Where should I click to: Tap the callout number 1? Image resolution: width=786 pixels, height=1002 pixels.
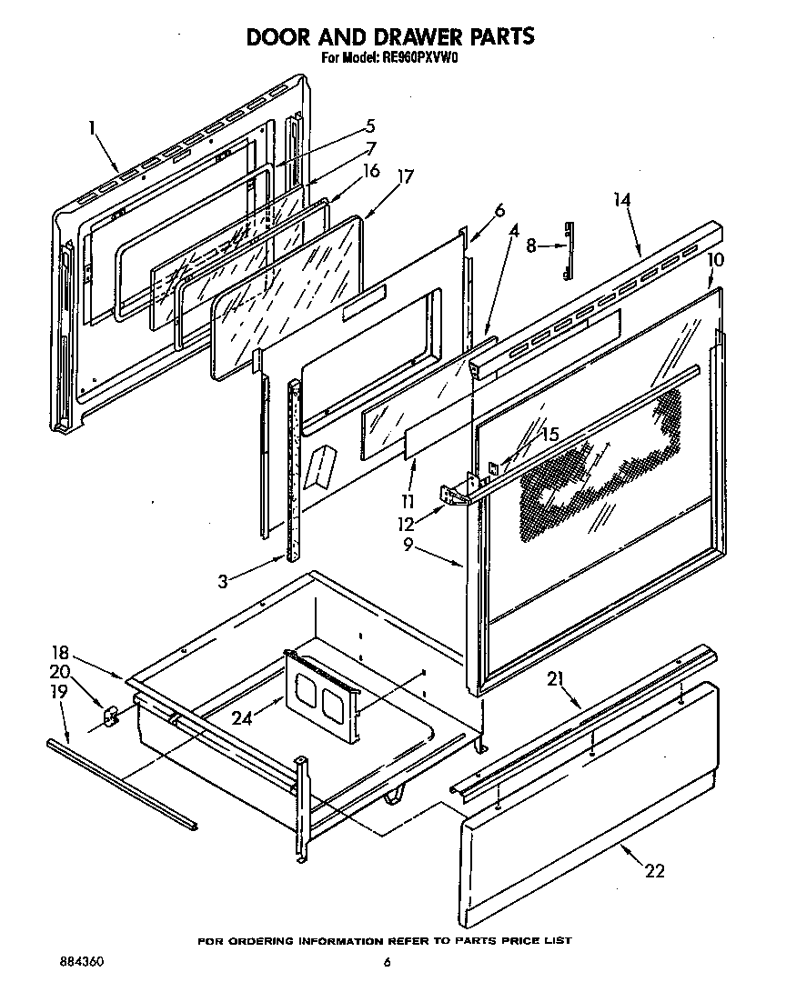(x=93, y=130)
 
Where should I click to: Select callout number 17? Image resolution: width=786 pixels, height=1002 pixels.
(x=405, y=177)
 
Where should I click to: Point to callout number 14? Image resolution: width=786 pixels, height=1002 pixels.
(x=622, y=200)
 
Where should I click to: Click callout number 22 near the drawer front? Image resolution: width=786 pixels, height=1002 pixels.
(x=654, y=871)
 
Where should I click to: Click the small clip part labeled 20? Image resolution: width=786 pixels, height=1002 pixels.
(x=111, y=717)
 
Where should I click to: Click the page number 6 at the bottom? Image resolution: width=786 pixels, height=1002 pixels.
(x=387, y=964)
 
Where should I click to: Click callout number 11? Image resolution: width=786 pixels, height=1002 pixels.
(x=410, y=501)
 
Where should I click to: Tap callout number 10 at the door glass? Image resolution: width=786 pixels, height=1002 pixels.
(x=715, y=260)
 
